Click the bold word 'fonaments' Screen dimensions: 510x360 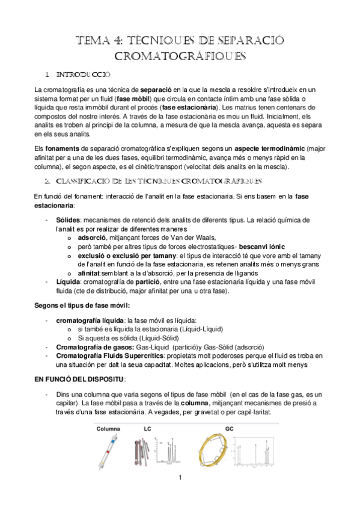[x=60, y=147]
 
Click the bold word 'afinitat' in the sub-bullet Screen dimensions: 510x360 [x=91, y=272]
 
